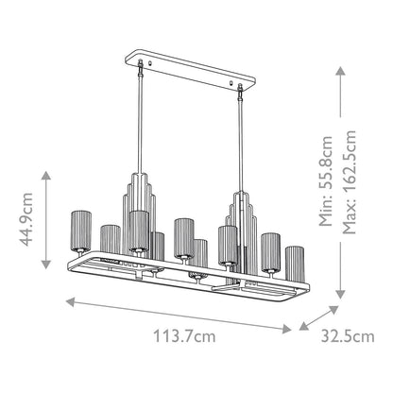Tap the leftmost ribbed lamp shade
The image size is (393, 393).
click(x=81, y=223)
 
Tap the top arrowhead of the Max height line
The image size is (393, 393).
click(x=336, y=65)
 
